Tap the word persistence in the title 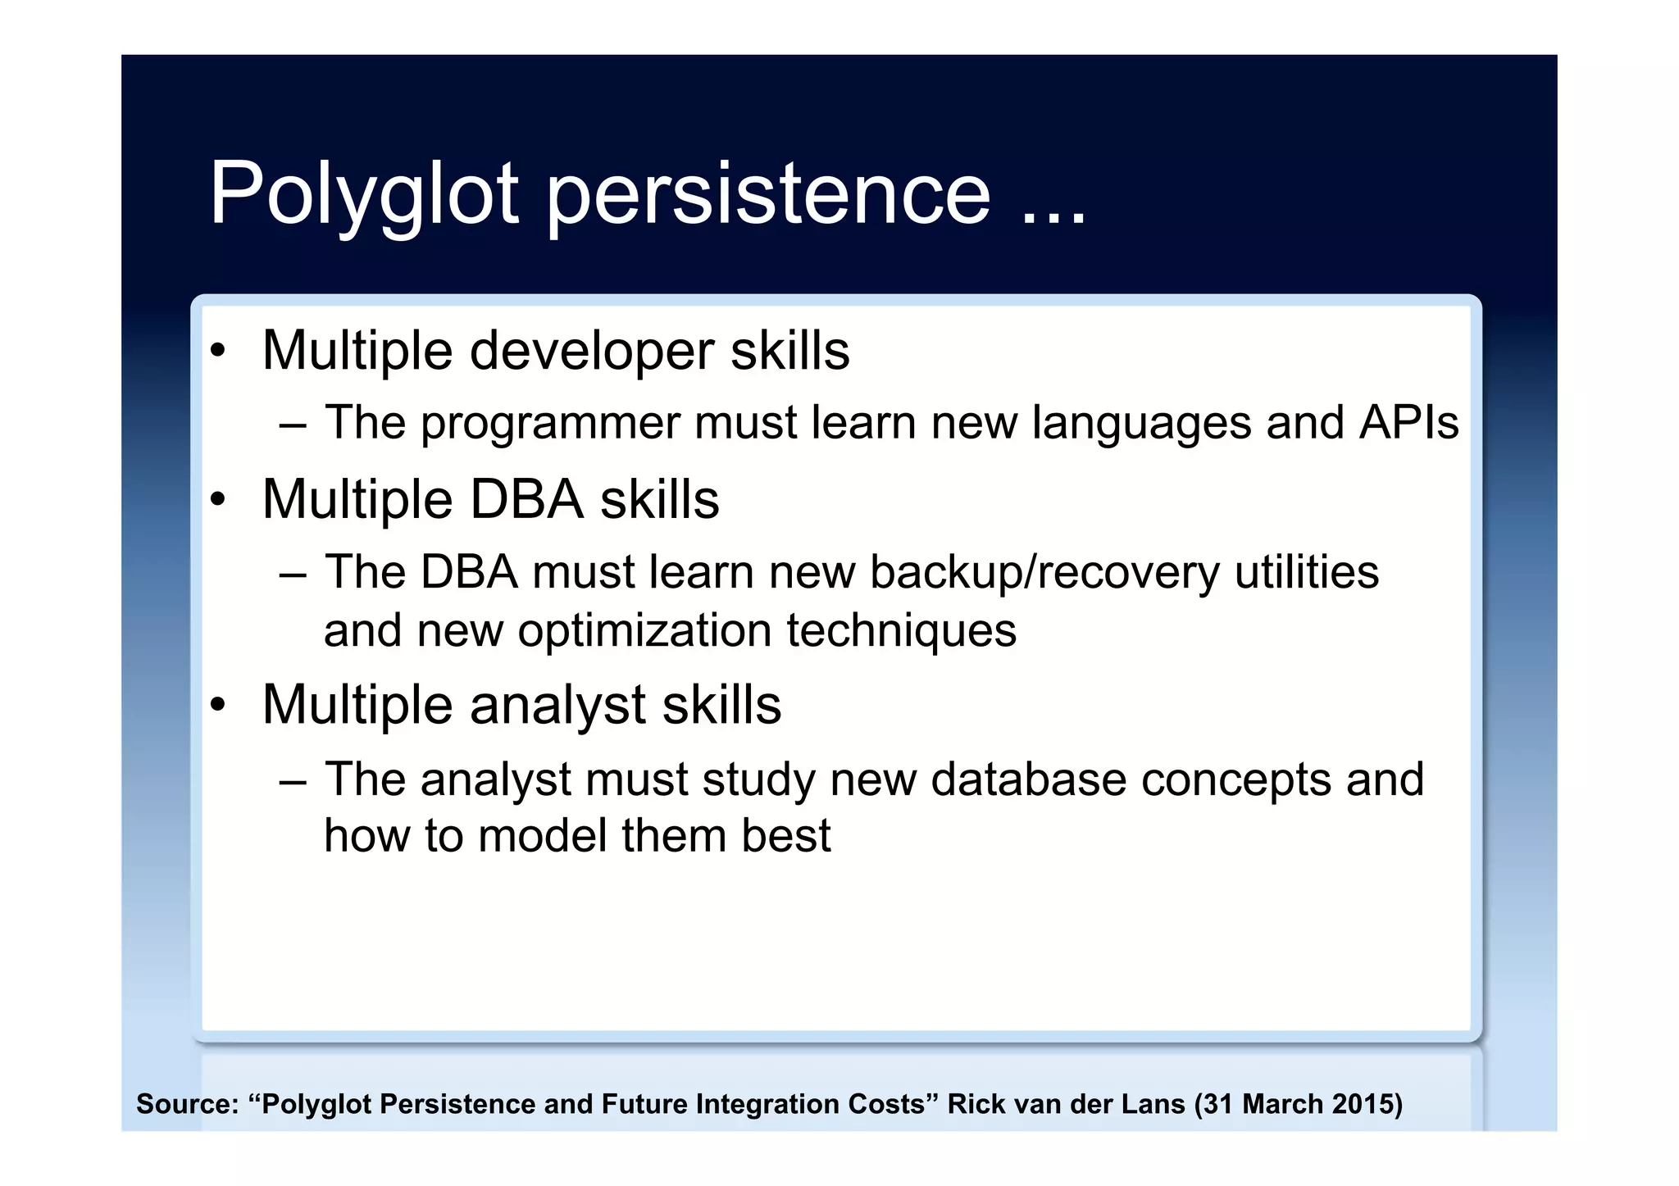769,195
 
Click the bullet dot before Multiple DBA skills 217,499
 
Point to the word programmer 550,425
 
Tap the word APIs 1408,423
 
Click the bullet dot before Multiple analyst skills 217,704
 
